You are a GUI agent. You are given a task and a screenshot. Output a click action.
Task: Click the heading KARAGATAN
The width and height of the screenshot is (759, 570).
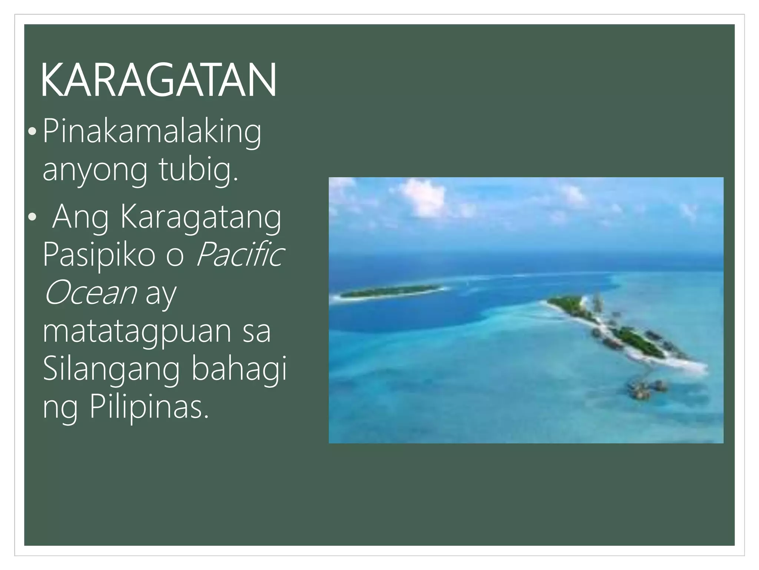tap(158, 80)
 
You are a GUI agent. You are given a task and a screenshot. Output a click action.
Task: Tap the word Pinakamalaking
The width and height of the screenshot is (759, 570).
tap(152, 132)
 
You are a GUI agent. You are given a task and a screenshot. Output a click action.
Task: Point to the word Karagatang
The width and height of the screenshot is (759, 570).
tap(200, 218)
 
